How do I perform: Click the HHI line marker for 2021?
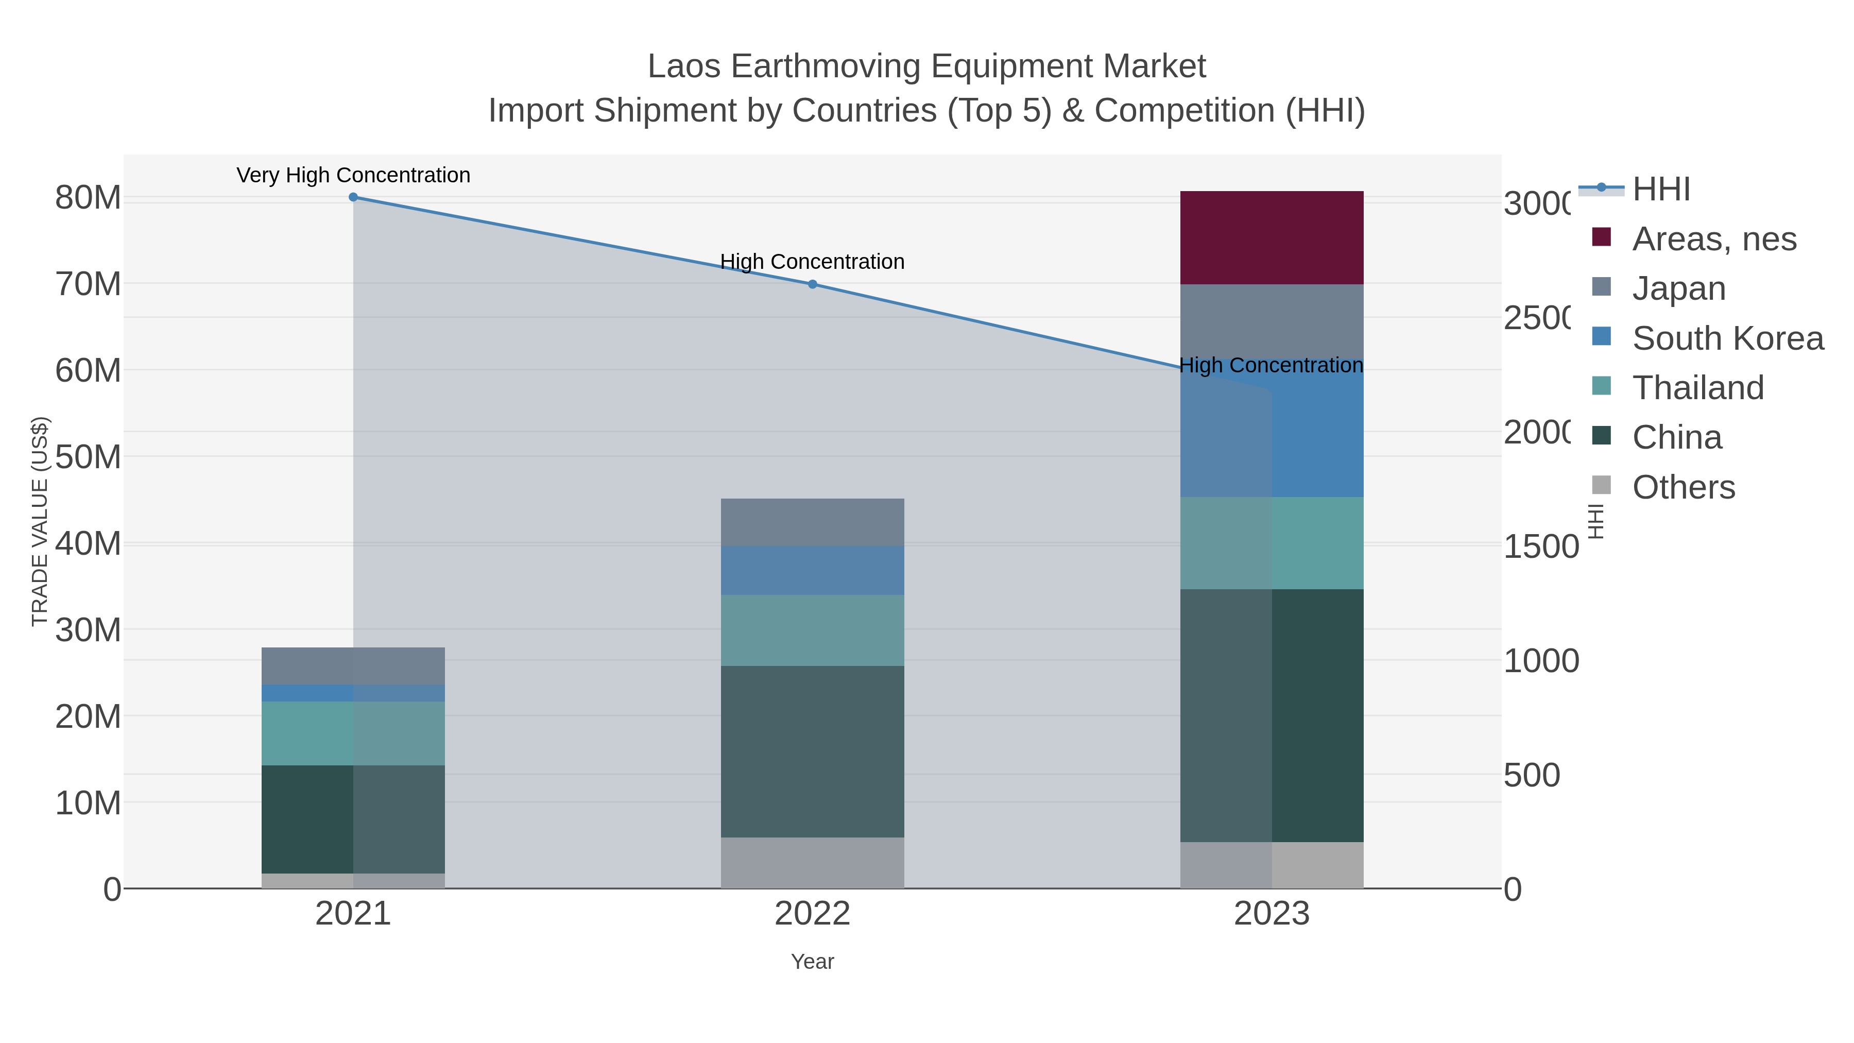click(353, 197)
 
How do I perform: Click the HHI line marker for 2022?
click(812, 284)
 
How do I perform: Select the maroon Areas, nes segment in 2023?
click(1271, 237)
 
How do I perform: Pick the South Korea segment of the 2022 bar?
click(812, 570)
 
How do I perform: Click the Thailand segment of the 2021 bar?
click(353, 733)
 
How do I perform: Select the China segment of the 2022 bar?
click(812, 751)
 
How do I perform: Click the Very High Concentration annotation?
click(353, 175)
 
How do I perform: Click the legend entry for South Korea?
click(1727, 338)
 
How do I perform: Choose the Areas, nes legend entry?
click(1713, 239)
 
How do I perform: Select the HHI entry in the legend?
click(1660, 190)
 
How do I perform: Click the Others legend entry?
click(1683, 487)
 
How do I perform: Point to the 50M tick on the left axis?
click(88, 457)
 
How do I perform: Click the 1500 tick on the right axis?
click(1540, 546)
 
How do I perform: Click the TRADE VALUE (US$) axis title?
click(40, 521)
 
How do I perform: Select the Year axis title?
click(812, 962)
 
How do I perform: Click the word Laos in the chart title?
click(684, 66)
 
